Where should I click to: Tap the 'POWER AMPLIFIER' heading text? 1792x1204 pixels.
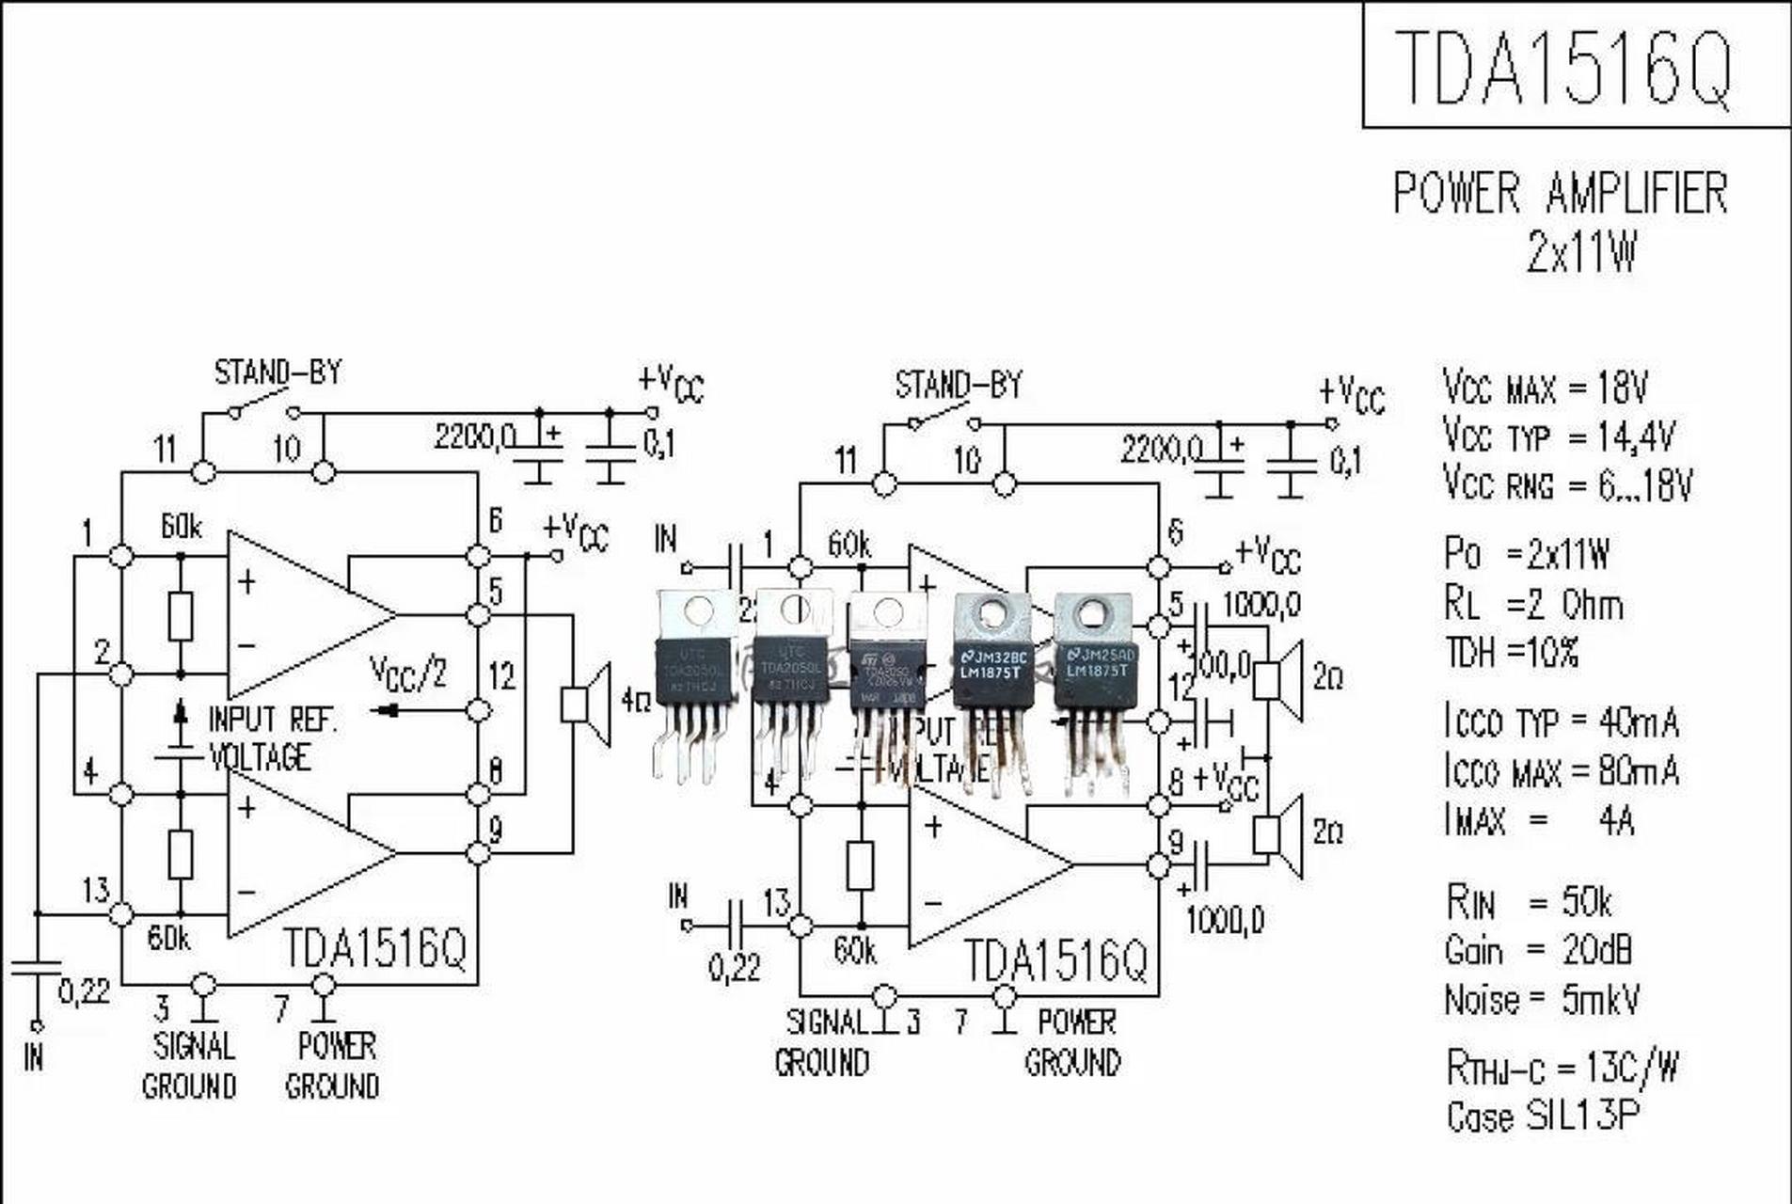point(1560,193)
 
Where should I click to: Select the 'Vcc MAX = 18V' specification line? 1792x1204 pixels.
point(1545,387)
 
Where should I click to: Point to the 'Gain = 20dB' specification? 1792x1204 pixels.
point(1538,951)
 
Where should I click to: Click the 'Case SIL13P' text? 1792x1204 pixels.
point(1543,1117)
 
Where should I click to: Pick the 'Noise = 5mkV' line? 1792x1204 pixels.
point(1542,1000)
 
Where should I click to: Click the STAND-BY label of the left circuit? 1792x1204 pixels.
point(278,372)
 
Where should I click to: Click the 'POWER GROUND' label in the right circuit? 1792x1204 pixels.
point(1073,1042)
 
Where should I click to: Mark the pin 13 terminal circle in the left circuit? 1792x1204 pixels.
point(121,913)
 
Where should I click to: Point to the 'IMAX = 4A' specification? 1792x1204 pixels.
point(1538,821)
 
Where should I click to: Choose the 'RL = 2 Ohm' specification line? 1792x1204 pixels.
point(1533,604)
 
